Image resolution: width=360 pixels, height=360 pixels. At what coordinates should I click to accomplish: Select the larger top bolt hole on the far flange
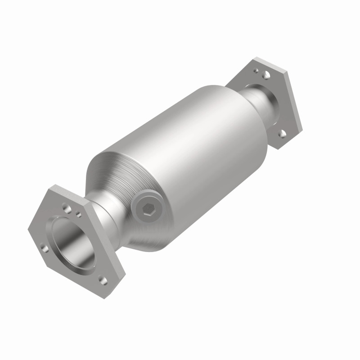point(266,74)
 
